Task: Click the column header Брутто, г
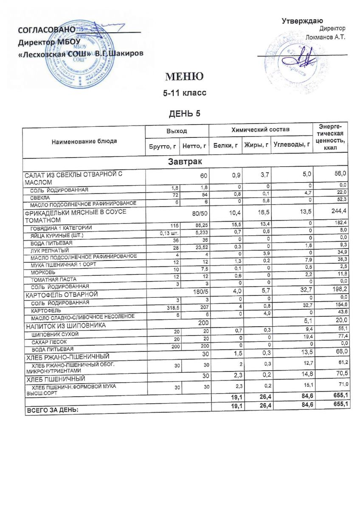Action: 162,146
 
